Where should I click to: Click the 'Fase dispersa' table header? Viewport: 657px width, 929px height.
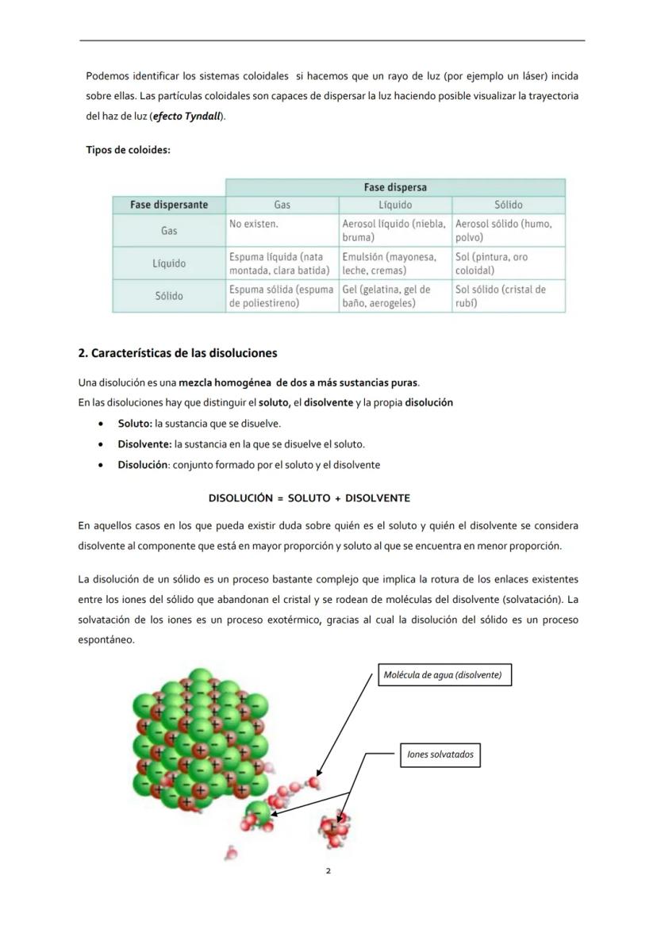pyautogui.click(x=395, y=187)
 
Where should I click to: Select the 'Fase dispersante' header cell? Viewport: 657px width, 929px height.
pyautogui.click(x=169, y=205)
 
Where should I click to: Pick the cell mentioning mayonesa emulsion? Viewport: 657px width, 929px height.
pyautogui.click(x=394, y=263)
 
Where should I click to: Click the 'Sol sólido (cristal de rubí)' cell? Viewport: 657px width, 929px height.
pyautogui.click(x=508, y=296)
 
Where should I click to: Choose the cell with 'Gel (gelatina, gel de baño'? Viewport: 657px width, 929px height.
pyautogui.click(x=394, y=296)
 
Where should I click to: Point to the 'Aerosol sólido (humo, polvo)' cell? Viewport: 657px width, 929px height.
pyautogui.click(x=508, y=230)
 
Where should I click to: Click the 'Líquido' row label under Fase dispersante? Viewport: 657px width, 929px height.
pyautogui.click(x=169, y=263)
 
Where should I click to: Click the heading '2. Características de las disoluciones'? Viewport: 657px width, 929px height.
pyautogui.click(x=178, y=353)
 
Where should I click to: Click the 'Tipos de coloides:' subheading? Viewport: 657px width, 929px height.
pyautogui.click(x=128, y=150)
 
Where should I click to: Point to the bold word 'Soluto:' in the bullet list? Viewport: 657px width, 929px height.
pyautogui.click(x=135, y=424)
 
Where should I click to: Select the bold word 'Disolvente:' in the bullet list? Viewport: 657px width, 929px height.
pyautogui.click(x=144, y=444)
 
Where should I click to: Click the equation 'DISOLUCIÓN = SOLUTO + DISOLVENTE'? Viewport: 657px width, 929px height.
pyautogui.click(x=309, y=498)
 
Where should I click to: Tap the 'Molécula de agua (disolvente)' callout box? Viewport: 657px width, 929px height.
pyautogui.click(x=443, y=675)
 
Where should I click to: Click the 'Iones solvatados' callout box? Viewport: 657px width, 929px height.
pyautogui.click(x=440, y=754)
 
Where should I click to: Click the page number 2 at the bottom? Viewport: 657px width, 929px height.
pyautogui.click(x=328, y=871)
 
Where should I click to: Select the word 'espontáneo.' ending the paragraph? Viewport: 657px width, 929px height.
pyautogui.click(x=106, y=639)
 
